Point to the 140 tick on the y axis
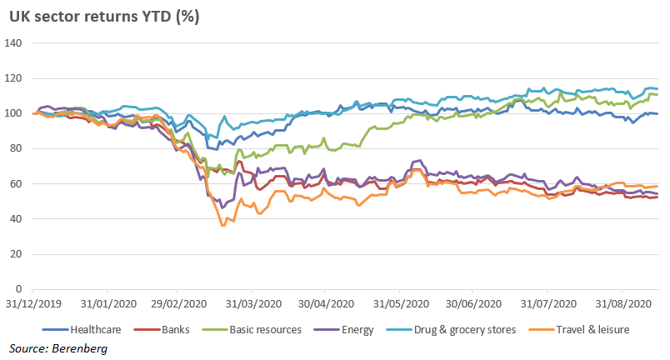pos(13,43)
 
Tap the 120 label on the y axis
pos(13,78)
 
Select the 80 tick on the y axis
pos(16,148)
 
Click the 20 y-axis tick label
pos(16,254)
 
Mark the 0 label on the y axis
pos(19,289)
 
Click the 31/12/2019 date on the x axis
pos(33,304)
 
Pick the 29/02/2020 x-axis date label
pos(178,304)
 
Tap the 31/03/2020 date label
pos(254,304)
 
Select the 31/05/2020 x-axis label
pos(401,304)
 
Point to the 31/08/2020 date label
pos(623,304)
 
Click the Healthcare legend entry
pos(82,330)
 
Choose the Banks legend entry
pos(162,330)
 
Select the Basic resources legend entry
pos(252,330)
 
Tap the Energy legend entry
pos(343,330)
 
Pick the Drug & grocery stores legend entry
pos(451,330)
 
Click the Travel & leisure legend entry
pos(579,330)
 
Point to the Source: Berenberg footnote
pos(58,348)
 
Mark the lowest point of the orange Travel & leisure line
pos(222,225)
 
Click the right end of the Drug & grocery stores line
pos(657,89)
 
